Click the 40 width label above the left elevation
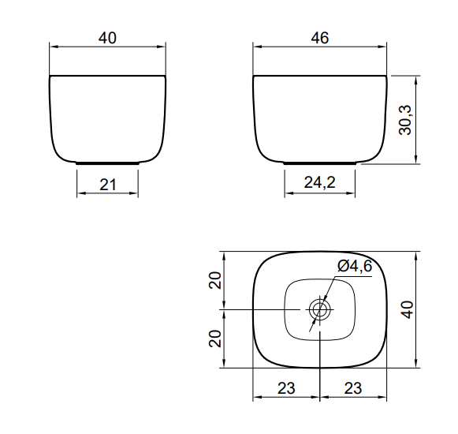[x=107, y=38]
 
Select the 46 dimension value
[x=320, y=38]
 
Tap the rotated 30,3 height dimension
[x=405, y=120]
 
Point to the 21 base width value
[x=108, y=185]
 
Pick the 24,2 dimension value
[x=320, y=182]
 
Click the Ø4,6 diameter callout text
[x=355, y=266]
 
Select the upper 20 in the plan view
[x=215, y=280]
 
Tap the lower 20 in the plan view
[x=215, y=339]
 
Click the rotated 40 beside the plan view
[x=408, y=309]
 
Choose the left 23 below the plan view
[x=286, y=388]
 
